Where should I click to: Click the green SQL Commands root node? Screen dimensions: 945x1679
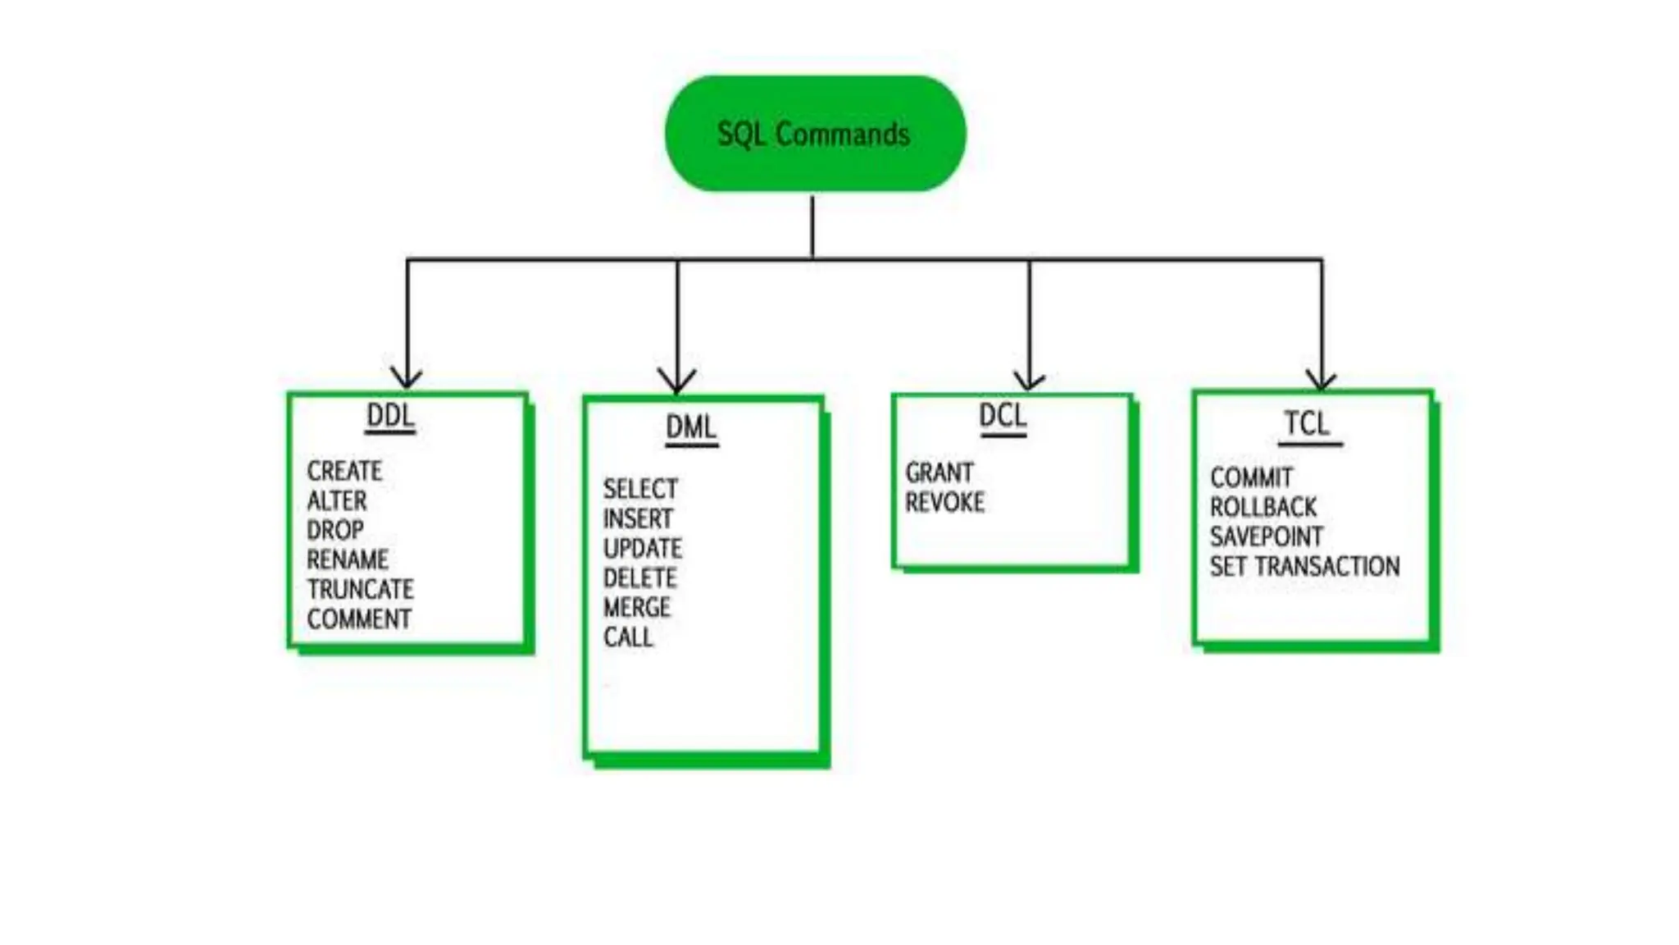pyautogui.click(x=814, y=134)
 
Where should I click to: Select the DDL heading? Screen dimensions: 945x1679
pyautogui.click(x=390, y=416)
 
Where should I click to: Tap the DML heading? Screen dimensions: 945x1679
pyautogui.click(x=691, y=427)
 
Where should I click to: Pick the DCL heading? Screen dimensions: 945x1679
pyautogui.click(x=1003, y=416)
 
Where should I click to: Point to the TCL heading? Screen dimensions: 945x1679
pyautogui.click(x=1307, y=424)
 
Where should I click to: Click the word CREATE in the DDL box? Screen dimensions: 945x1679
pyautogui.click(x=344, y=471)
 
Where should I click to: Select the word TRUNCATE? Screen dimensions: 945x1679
pyautogui.click(x=361, y=589)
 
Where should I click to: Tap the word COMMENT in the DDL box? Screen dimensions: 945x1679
pyautogui.click(x=359, y=619)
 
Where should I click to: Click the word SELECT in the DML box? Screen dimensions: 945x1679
pyautogui.click(x=640, y=489)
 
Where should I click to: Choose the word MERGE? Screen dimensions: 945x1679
pyautogui.click(x=637, y=608)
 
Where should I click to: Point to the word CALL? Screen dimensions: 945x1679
pyautogui.click(x=628, y=637)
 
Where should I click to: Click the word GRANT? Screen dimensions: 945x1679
pyautogui.click(x=940, y=472)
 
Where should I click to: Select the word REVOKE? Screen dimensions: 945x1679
pyautogui.click(x=944, y=502)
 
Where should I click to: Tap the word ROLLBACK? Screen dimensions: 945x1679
pyautogui.click(x=1263, y=507)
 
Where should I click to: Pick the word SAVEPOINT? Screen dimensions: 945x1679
pyautogui.click(x=1267, y=536)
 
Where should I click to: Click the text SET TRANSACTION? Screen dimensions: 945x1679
pyautogui.click(x=1305, y=566)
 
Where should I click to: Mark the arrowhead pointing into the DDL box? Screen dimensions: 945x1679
pyautogui.click(x=407, y=378)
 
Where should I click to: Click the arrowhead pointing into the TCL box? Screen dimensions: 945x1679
pyautogui.click(x=1322, y=380)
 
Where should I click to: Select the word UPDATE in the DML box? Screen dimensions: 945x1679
pyautogui.click(x=643, y=548)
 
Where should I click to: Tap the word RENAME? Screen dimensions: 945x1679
pyautogui.click(x=348, y=559)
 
